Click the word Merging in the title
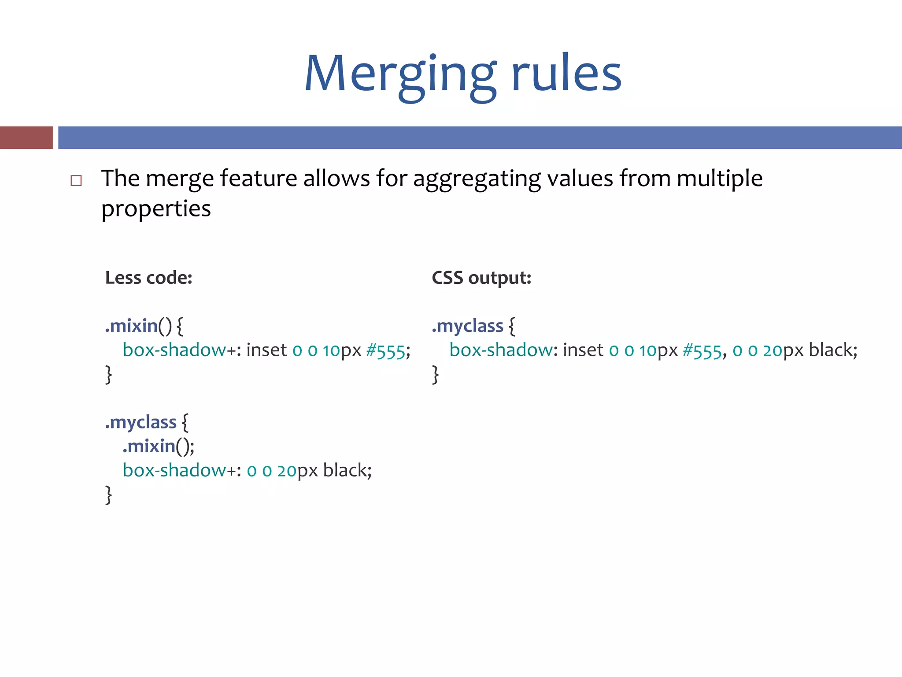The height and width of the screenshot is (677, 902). point(400,75)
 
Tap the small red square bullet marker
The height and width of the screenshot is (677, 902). point(76,180)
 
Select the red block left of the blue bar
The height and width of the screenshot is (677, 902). point(26,138)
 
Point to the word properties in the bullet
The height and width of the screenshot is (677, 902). point(156,208)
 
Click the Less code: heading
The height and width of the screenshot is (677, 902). point(149,278)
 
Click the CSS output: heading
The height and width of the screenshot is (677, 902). point(481,278)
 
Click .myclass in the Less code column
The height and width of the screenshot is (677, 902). point(140,422)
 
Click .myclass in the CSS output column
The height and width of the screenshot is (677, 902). point(467,326)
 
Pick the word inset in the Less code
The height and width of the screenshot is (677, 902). point(266,350)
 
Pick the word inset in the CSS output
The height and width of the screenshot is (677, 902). point(583,350)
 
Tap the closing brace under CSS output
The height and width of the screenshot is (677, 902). point(436,375)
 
